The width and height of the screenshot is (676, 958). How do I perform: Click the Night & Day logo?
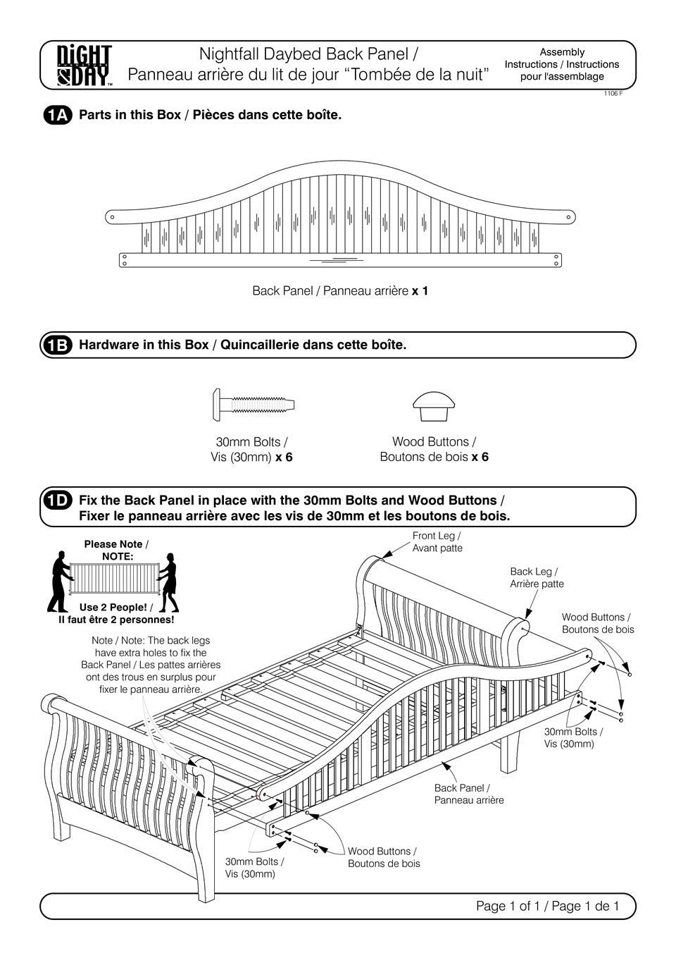tap(84, 65)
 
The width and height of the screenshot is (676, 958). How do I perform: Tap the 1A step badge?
tap(57, 116)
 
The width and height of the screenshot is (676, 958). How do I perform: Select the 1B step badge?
tap(57, 345)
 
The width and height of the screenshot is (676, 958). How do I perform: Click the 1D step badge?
tap(57, 501)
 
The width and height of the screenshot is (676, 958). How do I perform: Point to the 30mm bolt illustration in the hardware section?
tap(253, 405)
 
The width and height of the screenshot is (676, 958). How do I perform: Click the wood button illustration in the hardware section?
tap(433, 403)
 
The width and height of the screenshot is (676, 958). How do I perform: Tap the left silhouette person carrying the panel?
tap(58, 581)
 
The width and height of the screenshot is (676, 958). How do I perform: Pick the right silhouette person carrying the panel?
tap(169, 582)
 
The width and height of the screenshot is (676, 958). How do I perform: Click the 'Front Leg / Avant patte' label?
tap(437, 542)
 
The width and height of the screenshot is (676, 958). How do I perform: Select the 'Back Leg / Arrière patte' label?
tap(537, 577)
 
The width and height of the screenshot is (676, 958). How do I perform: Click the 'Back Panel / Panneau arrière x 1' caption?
tap(340, 290)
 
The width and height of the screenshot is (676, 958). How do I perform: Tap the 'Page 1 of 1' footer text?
tap(547, 906)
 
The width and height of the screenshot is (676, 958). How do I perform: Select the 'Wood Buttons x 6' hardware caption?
tap(434, 449)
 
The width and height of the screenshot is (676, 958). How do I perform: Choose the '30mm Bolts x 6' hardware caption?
tap(251, 449)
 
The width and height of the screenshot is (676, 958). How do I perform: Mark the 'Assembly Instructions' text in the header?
tap(561, 64)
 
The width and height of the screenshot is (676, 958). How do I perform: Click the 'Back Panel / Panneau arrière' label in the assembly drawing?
tap(469, 794)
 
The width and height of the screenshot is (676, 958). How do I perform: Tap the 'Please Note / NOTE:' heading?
tap(116, 550)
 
